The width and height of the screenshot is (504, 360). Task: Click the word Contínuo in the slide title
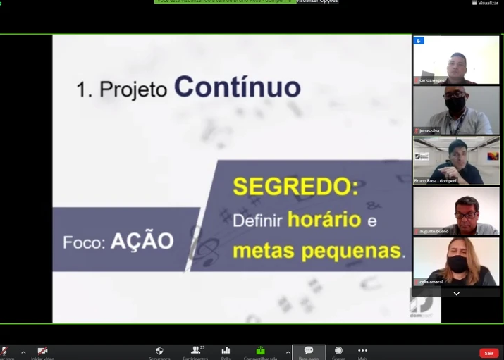[x=237, y=87]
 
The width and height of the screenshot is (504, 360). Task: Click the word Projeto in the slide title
[x=133, y=89]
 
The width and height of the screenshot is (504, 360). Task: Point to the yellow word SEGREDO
[x=295, y=187]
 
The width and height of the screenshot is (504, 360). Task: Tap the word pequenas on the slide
[x=357, y=250]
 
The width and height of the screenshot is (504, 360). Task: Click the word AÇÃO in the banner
[x=142, y=241]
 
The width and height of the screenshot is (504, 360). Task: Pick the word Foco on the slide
[x=84, y=242]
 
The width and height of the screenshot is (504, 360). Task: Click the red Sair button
[x=488, y=353]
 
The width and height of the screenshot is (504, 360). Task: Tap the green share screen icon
[x=261, y=351]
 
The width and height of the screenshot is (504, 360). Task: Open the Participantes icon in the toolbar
[x=195, y=351]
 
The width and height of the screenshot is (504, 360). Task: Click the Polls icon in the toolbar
[x=226, y=351]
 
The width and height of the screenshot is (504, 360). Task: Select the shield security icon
[x=159, y=351]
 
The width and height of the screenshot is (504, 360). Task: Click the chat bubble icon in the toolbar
[x=309, y=350]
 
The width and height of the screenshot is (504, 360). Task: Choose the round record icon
[x=338, y=350]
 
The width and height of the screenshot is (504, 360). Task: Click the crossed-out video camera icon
[x=42, y=351]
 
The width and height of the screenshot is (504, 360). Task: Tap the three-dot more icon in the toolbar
[x=362, y=350]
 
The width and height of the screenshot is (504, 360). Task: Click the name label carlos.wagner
[x=434, y=80]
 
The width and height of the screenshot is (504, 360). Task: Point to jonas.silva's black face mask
[x=455, y=104]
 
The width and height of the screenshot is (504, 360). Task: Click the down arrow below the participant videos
[x=456, y=293]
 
